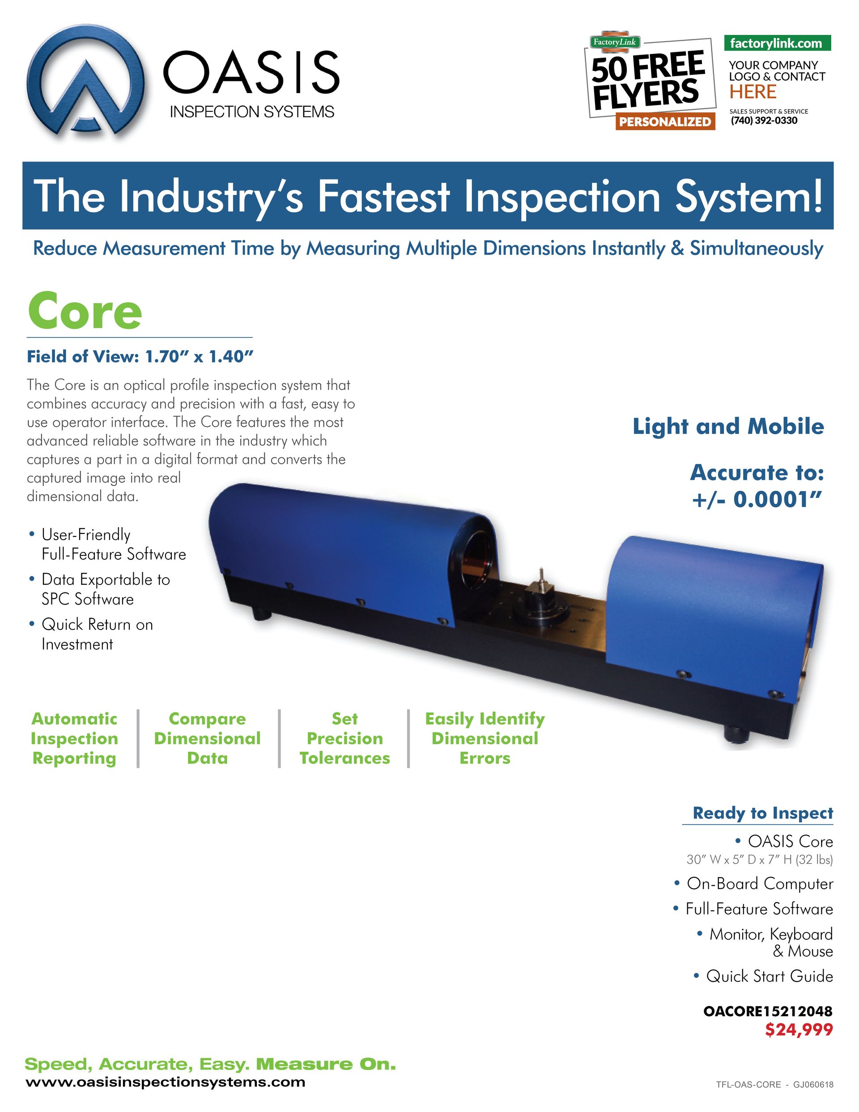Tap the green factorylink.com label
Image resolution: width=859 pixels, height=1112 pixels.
pos(777,43)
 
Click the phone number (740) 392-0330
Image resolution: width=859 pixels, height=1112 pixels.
pos(764,121)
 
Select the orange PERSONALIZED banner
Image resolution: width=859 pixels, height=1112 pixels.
pos(664,122)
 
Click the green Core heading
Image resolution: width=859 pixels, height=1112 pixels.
pos(85,311)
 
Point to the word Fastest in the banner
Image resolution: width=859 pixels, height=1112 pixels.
pos(383,196)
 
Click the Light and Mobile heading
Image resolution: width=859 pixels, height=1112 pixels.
pos(727,426)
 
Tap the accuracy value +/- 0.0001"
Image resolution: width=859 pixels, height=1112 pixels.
pos(757,499)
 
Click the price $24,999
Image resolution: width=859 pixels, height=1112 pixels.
pos(799,1030)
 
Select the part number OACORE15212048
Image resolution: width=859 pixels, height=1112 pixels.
pos(767,1011)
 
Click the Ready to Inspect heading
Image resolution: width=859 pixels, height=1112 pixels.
pos(762,813)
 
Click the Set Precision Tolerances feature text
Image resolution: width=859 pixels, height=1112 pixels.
pos(345,738)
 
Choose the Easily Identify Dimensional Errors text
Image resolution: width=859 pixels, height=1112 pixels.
pos(485,738)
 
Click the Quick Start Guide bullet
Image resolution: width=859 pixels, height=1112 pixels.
pos(769,976)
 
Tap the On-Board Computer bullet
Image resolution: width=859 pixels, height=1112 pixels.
pos(759,883)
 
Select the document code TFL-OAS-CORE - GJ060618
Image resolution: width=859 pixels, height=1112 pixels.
pos(774,1085)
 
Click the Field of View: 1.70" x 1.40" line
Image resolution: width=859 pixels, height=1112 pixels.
pos(140,356)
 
